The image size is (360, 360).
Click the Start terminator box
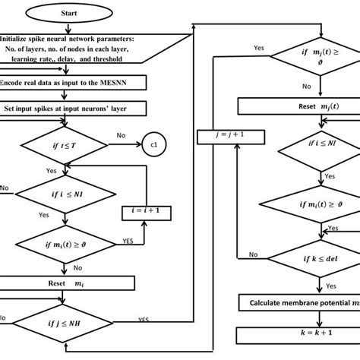click(89, 13)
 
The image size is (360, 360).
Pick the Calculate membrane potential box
click(300, 303)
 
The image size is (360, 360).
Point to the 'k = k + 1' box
click(300, 333)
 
